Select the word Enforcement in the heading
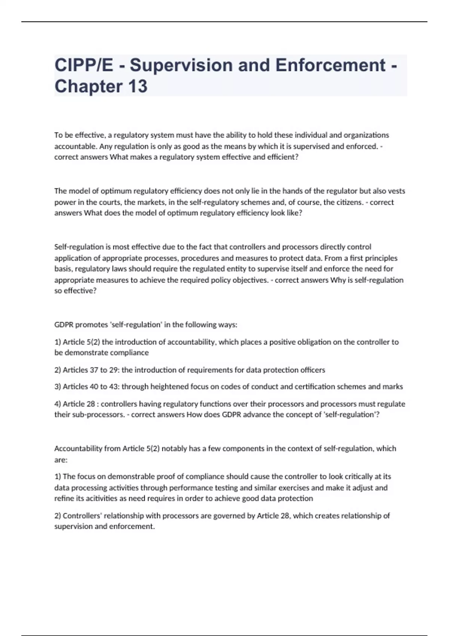coord(330,65)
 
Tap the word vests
coord(396,191)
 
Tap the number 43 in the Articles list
coord(113,387)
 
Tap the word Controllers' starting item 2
coord(82,516)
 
